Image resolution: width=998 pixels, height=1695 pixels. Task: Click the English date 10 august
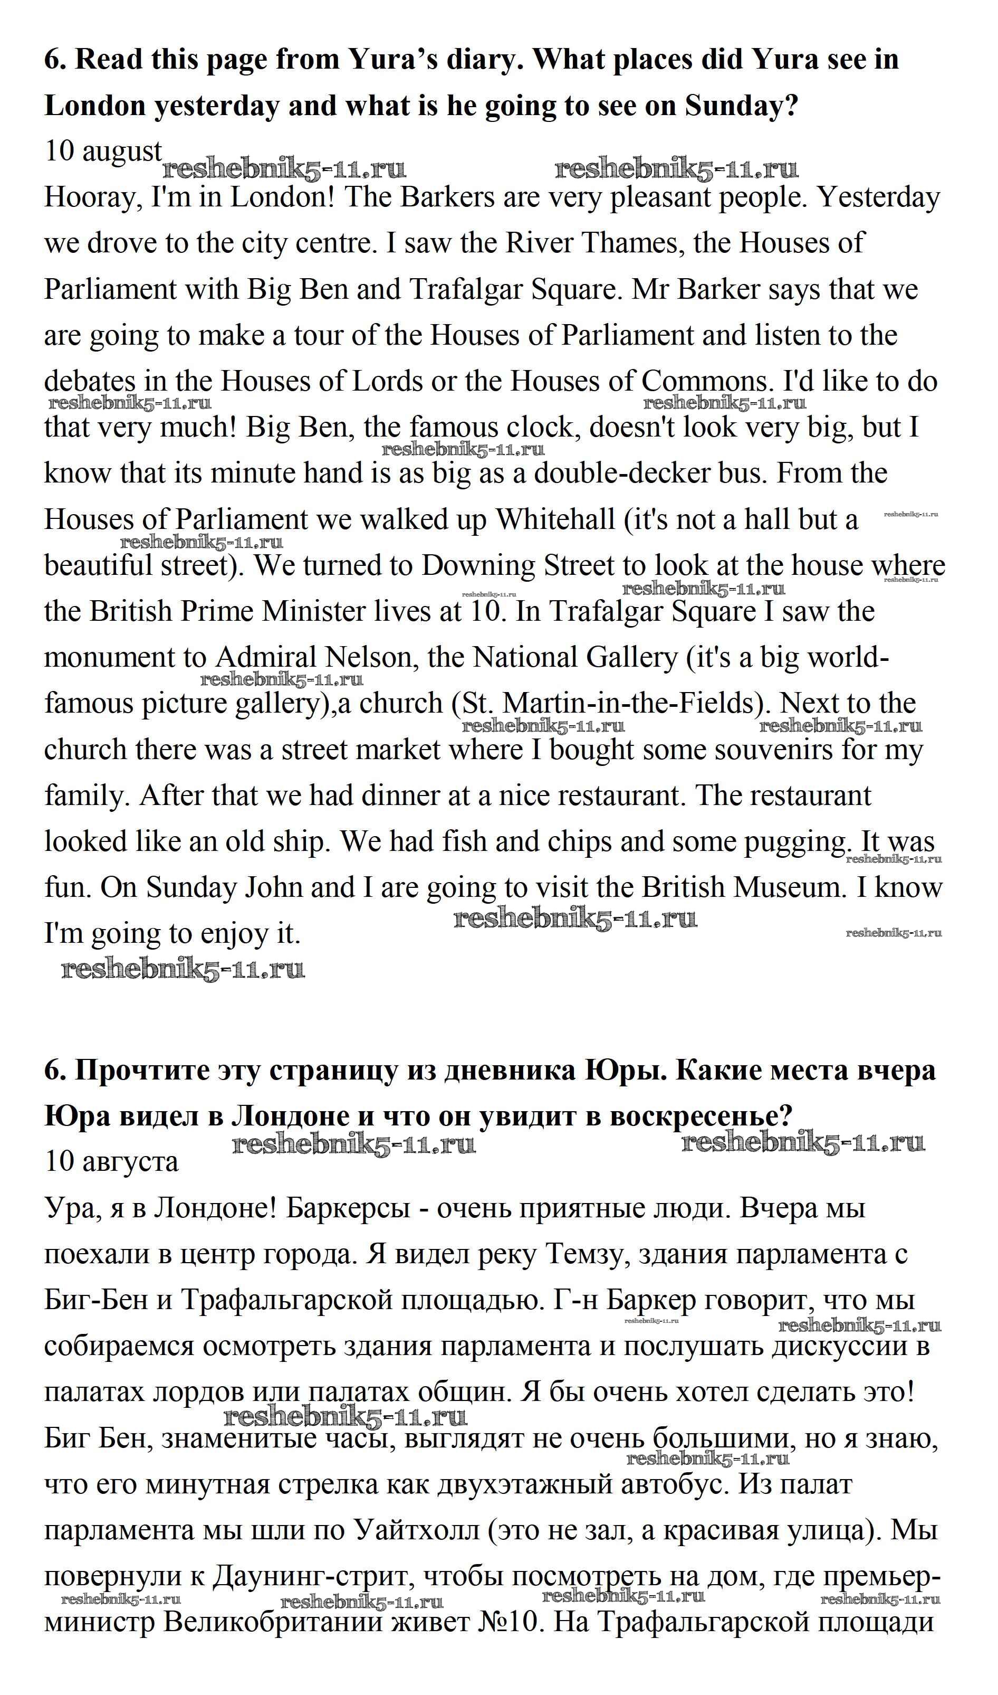[103, 151]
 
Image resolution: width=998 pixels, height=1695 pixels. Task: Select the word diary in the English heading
[482, 59]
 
